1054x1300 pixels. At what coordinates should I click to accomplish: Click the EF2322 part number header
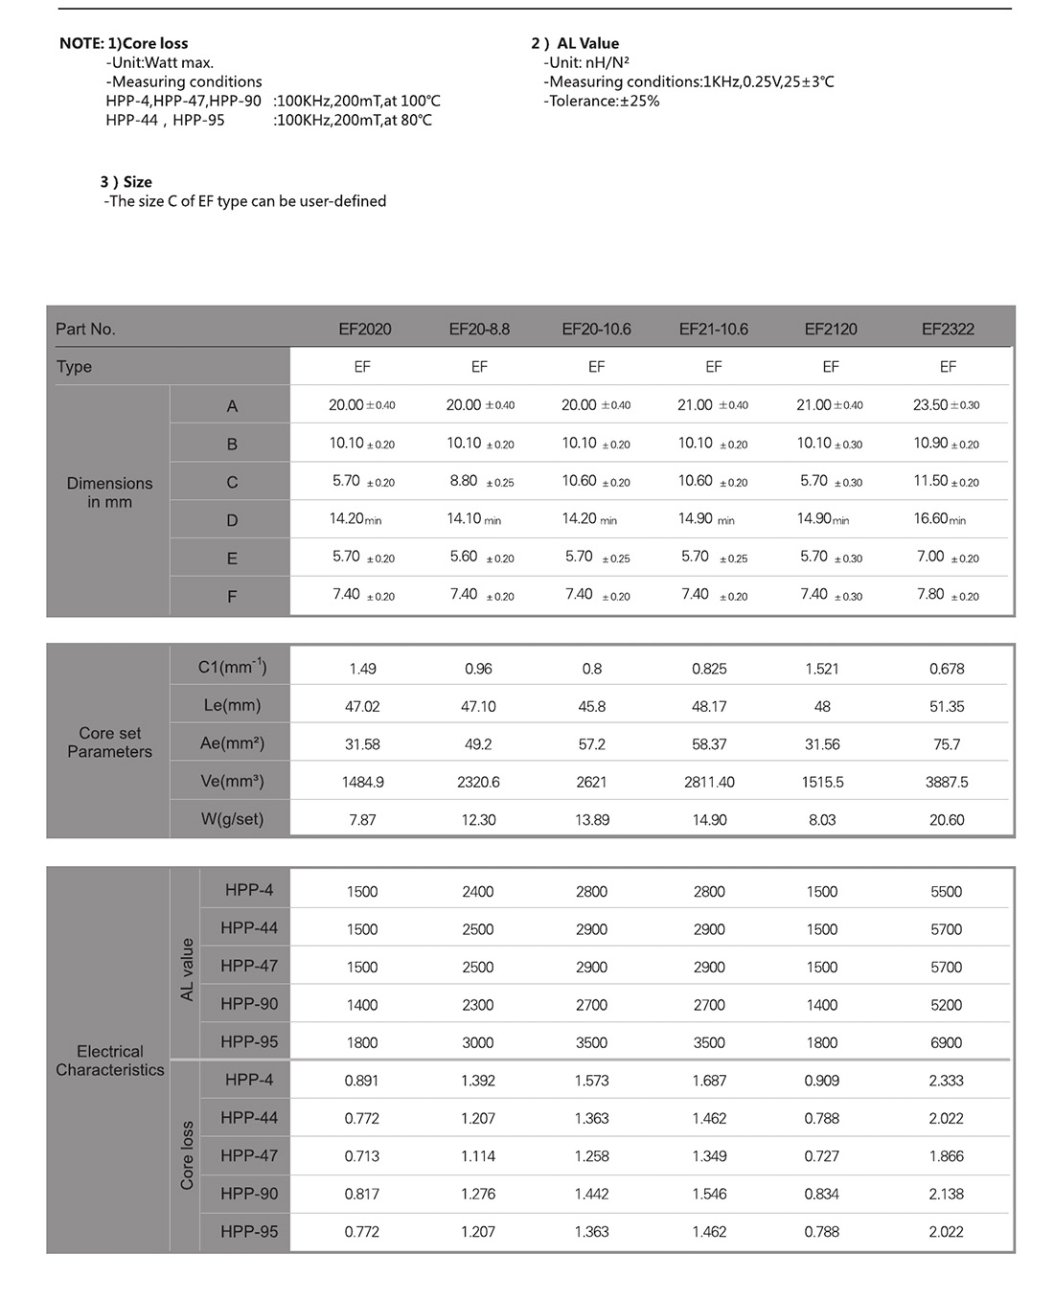click(x=948, y=329)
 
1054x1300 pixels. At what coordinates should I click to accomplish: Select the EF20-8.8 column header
click(x=479, y=329)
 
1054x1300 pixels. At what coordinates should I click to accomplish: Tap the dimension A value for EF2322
click(x=946, y=405)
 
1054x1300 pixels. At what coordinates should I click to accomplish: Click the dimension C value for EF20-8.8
click(x=481, y=481)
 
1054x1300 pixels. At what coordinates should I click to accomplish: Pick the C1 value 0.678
click(x=947, y=669)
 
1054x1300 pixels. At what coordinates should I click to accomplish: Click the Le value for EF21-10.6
click(x=709, y=706)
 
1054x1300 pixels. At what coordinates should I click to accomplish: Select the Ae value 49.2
click(x=478, y=744)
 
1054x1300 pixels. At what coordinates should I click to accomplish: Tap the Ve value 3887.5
click(x=947, y=782)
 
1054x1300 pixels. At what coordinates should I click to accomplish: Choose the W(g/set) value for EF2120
click(x=822, y=820)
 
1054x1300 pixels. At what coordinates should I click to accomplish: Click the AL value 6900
click(x=946, y=1042)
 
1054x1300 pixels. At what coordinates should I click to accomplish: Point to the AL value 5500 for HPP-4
click(x=946, y=892)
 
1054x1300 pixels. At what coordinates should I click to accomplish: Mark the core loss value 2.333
click(x=946, y=1081)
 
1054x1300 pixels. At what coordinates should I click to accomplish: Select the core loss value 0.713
click(x=362, y=1156)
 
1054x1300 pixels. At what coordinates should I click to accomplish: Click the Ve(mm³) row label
click(x=232, y=781)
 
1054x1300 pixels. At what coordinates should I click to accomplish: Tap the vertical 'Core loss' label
click(x=187, y=1155)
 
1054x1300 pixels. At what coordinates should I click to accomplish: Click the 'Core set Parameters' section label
click(x=109, y=742)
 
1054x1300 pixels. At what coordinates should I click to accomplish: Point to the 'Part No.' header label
click(x=85, y=329)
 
